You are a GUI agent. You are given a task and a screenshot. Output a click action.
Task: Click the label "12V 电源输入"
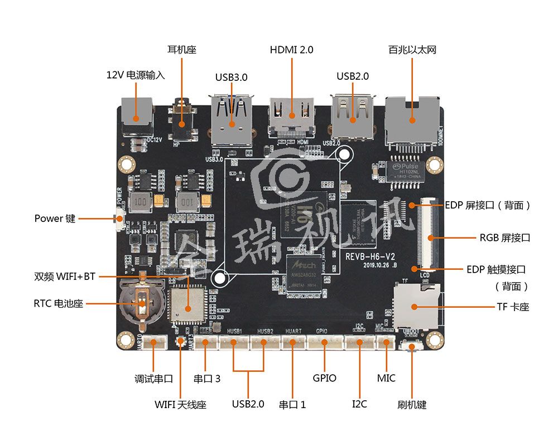(x=136, y=75)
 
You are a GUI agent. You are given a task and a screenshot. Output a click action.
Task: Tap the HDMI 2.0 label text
(x=291, y=50)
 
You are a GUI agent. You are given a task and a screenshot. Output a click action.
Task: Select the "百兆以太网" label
(x=412, y=50)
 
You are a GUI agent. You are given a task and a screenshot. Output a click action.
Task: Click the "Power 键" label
(x=55, y=219)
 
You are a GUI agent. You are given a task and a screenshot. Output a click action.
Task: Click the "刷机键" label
(x=412, y=405)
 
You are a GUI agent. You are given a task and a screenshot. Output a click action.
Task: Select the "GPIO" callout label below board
(x=324, y=378)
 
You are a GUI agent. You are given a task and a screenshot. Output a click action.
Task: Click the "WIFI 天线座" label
(x=180, y=405)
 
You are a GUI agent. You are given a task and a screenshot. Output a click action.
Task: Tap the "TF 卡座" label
(x=512, y=307)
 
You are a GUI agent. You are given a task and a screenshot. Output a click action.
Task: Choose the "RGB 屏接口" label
(x=504, y=237)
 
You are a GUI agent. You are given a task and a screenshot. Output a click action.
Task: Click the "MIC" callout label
(x=386, y=378)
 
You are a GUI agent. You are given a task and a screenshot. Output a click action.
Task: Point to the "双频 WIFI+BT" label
(x=65, y=277)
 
